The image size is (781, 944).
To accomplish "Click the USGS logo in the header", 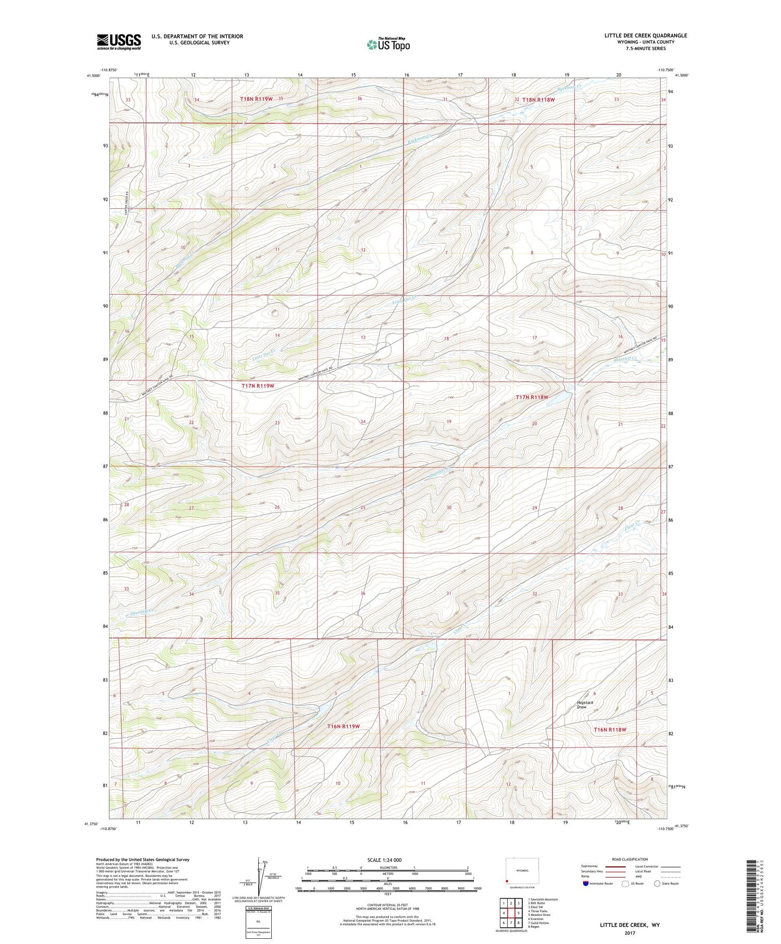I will coord(119,42).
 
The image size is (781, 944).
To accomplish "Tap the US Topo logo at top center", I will coord(387,45).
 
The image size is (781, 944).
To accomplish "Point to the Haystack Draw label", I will coord(585,704).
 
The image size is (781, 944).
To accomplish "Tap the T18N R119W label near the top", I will coord(257,98).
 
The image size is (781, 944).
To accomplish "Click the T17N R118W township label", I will coord(532,397).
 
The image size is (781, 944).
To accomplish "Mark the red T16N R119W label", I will coord(344,726).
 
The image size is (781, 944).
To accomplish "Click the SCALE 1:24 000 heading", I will coord(387,860).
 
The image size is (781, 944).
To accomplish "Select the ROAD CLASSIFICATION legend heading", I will coord(629,859).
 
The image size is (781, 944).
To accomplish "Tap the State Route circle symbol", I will coord(657,883).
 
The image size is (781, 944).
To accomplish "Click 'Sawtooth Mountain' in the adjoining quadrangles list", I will coord(544,899).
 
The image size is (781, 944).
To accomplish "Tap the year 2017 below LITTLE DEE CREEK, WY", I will coord(629,933).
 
